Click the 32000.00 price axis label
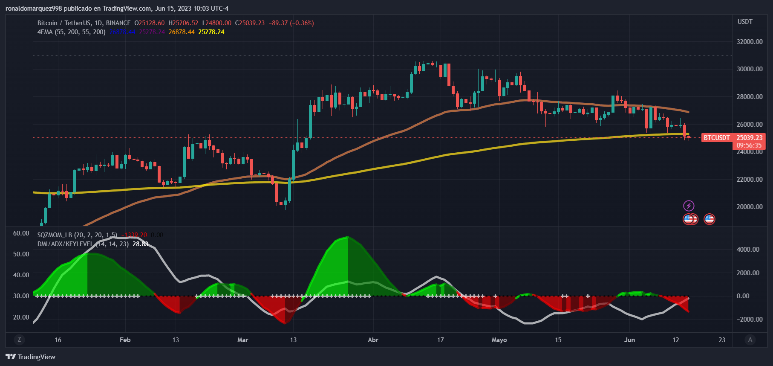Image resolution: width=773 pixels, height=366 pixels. tap(750, 41)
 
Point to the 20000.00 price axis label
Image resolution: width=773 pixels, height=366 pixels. tap(750, 206)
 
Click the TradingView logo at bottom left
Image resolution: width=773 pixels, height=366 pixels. tap(31, 357)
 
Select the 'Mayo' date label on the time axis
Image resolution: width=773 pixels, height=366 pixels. tap(499, 340)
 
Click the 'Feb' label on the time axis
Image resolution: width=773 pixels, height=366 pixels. tap(125, 340)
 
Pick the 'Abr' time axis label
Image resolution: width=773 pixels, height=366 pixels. tap(373, 340)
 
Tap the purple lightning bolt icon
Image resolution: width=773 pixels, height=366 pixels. tap(689, 206)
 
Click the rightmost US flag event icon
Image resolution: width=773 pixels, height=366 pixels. tap(709, 219)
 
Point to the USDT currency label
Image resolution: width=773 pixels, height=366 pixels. tap(745, 22)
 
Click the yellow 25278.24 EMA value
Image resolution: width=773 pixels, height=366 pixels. tap(211, 32)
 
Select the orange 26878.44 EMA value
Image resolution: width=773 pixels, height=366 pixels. tap(182, 32)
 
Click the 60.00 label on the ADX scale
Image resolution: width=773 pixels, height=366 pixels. tap(21, 233)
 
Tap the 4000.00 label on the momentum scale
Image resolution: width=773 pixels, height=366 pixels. tap(748, 249)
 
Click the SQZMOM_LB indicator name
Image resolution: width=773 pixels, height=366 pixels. tap(55, 235)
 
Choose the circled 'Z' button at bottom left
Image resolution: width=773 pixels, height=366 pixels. tap(19, 340)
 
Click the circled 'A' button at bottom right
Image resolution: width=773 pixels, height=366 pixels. tap(750, 340)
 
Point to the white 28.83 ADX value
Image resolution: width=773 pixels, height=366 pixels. tap(140, 244)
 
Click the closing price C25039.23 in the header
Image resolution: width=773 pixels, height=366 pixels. tap(250, 23)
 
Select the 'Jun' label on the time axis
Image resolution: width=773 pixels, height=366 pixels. tap(629, 340)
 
